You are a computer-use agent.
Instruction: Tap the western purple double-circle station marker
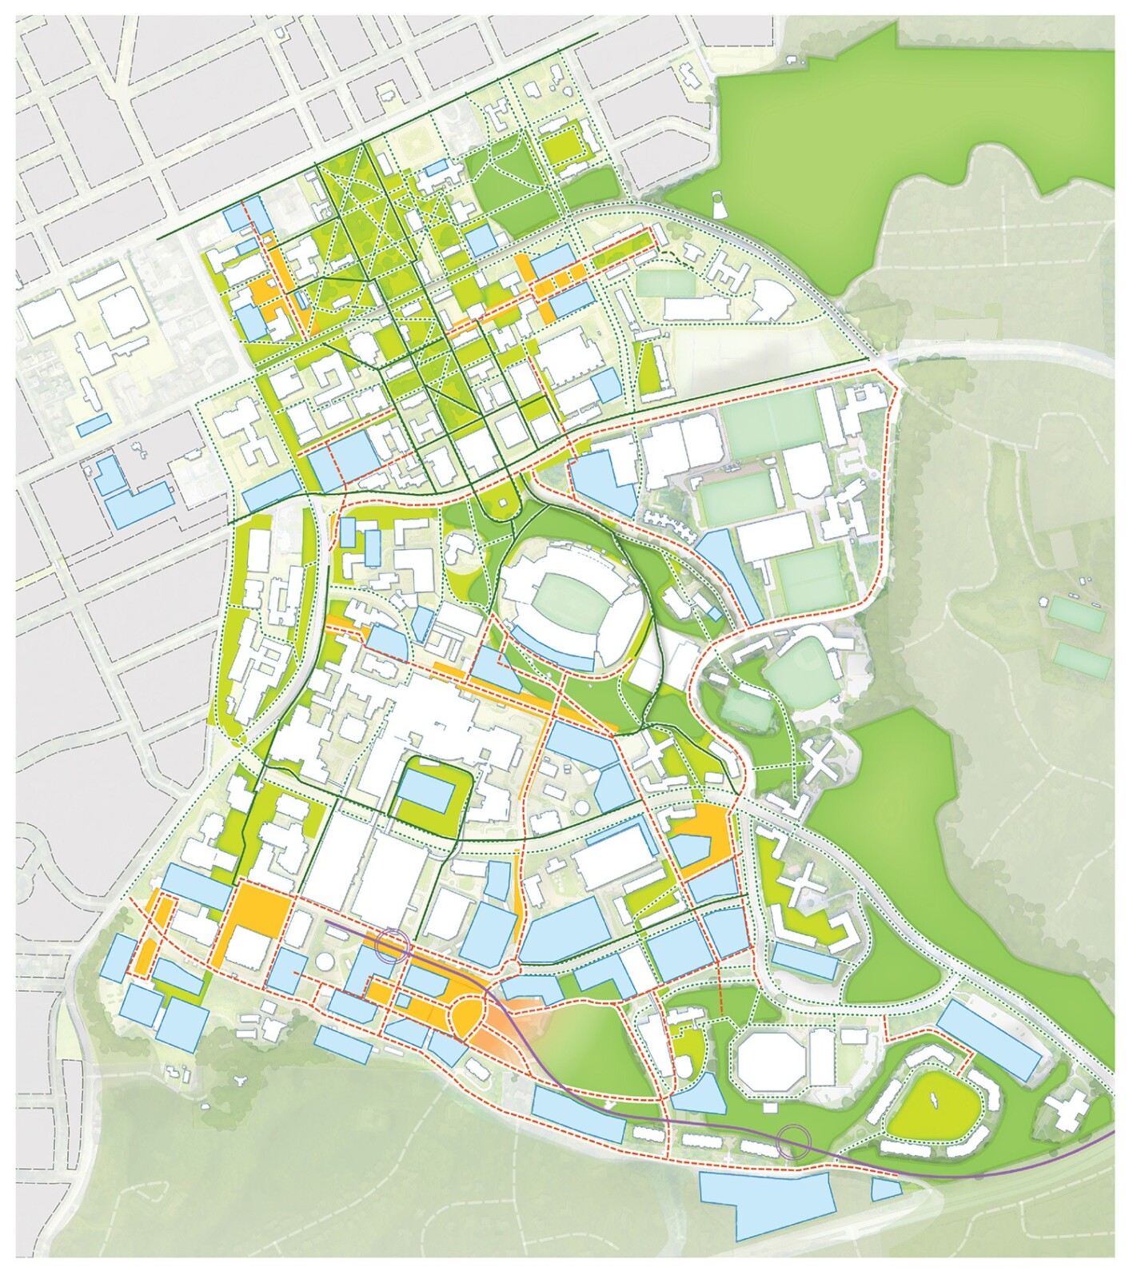(394, 944)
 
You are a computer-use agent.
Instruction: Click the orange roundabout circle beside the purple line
(468, 1014)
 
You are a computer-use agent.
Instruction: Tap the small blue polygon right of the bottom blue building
(886, 1189)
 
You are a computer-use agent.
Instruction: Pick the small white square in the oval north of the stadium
(501, 502)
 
